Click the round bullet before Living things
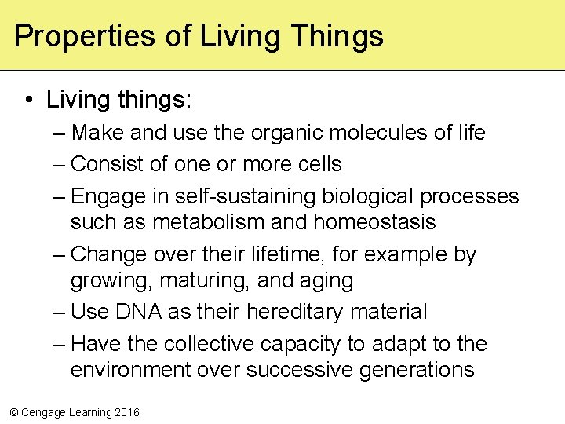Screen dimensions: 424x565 pyautogui.click(x=28, y=100)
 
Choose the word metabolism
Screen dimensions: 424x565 pyautogui.click(x=208, y=222)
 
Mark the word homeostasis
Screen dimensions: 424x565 pyautogui.click(x=374, y=222)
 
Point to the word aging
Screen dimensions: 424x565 pyautogui.click(x=326, y=280)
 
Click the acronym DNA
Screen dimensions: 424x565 pyautogui.click(x=138, y=312)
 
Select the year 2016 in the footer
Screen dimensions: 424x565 pyautogui.click(x=127, y=412)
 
